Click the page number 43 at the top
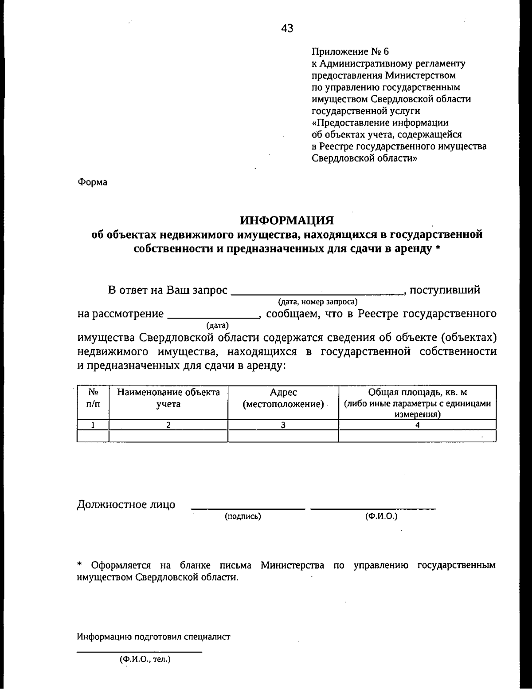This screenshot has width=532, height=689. pos(287,29)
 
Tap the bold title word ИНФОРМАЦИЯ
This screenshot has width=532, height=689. pos(286,220)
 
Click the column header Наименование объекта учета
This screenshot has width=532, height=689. pos(168,398)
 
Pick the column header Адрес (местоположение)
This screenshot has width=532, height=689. pos(283,398)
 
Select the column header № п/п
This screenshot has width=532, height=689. pos(93,398)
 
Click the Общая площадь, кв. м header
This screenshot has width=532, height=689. pos(417,393)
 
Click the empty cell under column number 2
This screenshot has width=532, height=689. pos(168,436)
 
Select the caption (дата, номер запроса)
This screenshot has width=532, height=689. pos(317,302)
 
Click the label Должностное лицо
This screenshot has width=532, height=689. pos(126,504)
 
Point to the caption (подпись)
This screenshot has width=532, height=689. pos(243,516)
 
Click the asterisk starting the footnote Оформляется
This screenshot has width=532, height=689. pos(80,565)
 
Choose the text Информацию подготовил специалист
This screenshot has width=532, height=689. pos(154,637)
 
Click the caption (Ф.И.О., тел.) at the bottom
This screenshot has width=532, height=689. pos(145,660)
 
